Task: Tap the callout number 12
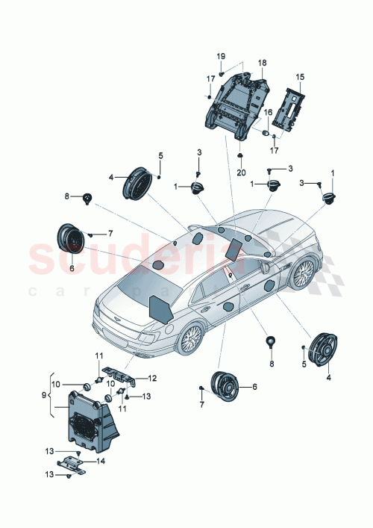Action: pos(152,378)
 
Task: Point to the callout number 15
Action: pos(300,77)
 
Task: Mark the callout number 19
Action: pos(221,57)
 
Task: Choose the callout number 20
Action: pos(241,172)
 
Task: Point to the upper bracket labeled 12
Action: pos(119,373)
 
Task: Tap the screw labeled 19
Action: pos(222,75)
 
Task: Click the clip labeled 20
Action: pos(241,155)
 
